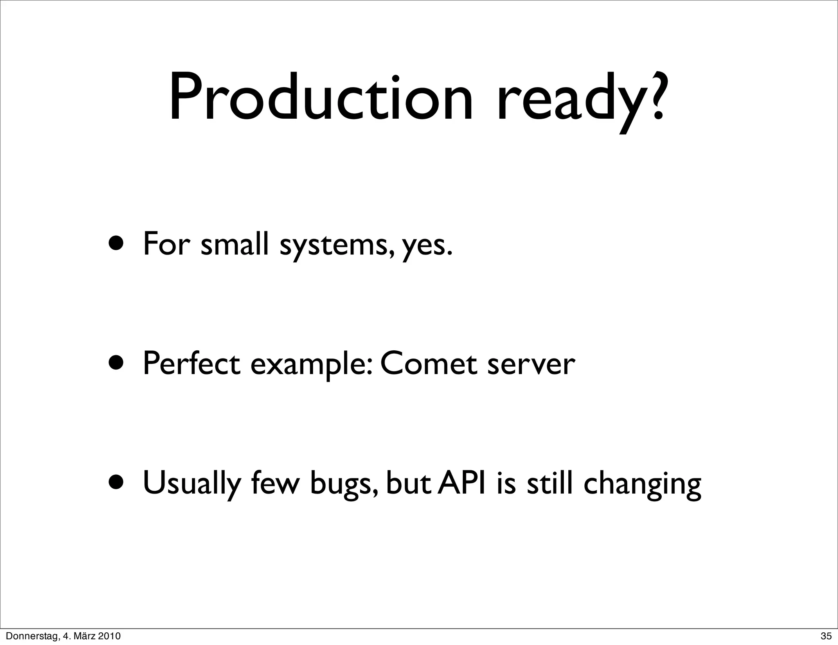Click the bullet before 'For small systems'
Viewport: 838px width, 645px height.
point(117,244)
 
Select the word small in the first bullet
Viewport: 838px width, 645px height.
point(234,244)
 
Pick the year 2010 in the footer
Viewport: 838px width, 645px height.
point(110,636)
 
